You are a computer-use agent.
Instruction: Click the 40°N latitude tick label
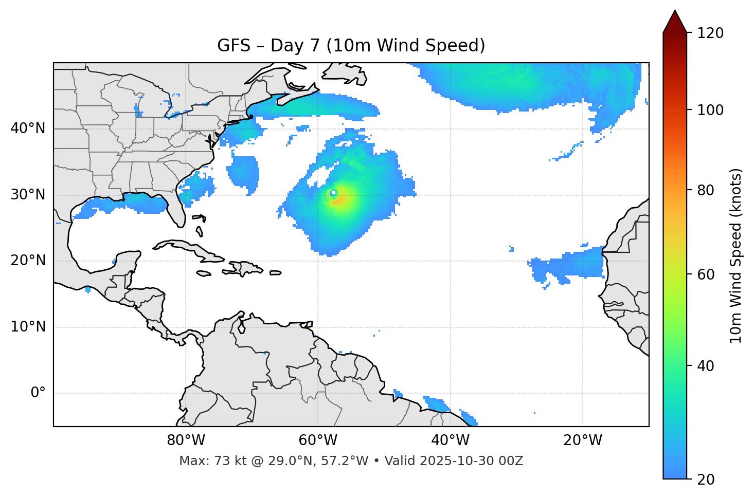point(28,128)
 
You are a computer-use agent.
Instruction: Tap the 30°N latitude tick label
point(28,195)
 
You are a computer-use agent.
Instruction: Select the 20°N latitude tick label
point(28,261)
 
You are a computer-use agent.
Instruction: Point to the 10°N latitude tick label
point(28,327)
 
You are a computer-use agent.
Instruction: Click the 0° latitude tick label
point(38,393)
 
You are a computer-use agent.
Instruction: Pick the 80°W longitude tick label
point(186,440)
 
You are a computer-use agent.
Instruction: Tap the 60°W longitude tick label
point(318,440)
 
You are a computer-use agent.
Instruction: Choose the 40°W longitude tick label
point(450,440)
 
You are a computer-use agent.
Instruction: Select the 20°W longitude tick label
point(582,440)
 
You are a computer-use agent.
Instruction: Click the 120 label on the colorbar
point(710,33)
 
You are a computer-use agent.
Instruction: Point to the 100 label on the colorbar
point(710,110)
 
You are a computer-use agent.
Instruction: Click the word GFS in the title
point(234,46)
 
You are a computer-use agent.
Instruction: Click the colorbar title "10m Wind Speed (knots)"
point(736,255)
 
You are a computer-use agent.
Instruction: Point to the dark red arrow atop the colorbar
point(675,22)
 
